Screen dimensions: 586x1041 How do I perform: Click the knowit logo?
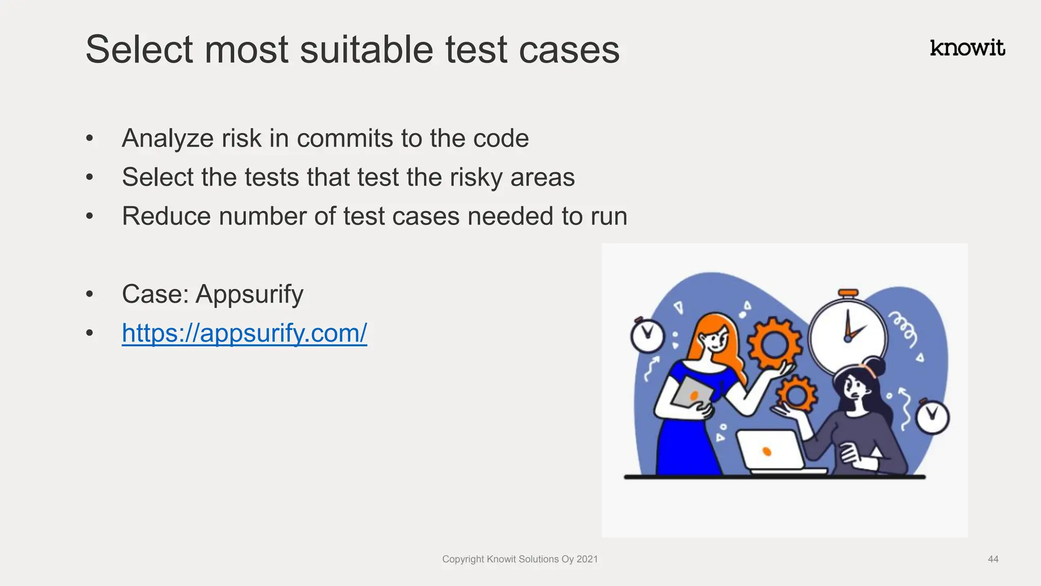coord(967,48)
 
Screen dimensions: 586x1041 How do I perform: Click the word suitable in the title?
coord(366,50)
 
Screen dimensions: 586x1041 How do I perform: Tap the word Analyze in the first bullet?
coord(167,138)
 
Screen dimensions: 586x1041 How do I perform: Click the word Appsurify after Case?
coord(249,295)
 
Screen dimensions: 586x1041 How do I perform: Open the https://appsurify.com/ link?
coord(244,333)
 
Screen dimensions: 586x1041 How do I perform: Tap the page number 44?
coord(993,559)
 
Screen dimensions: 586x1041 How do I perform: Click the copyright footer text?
coord(519,559)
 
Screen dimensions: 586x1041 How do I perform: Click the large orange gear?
coord(774,344)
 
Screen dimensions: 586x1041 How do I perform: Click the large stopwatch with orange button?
coord(848,336)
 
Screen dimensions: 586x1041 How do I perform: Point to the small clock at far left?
coord(647,336)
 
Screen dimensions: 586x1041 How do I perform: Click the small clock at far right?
coord(932,417)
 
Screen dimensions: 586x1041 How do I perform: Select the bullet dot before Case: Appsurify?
coord(90,295)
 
